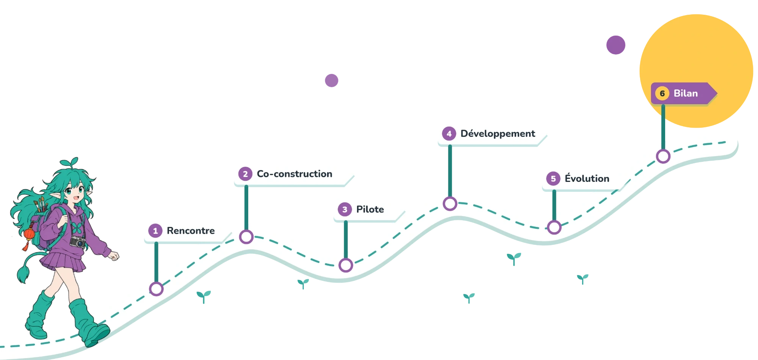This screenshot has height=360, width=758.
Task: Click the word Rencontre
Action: (191, 230)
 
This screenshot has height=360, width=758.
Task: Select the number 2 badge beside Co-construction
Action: (245, 174)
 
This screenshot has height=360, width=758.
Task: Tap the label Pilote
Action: (370, 209)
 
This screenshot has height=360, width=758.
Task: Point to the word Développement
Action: (498, 133)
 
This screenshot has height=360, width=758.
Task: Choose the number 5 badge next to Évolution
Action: (553, 178)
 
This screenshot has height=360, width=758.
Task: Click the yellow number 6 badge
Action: (662, 93)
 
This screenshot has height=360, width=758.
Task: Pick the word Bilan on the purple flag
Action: (686, 93)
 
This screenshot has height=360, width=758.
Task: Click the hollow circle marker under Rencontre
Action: (156, 289)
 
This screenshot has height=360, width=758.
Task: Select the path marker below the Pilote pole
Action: (346, 265)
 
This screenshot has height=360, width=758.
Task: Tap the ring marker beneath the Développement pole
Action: (450, 203)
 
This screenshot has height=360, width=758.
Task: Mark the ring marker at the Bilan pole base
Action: (663, 156)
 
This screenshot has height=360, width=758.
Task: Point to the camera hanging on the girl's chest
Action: (78, 241)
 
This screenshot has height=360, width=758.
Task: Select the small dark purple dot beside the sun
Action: (615, 45)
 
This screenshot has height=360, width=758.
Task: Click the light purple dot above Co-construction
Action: (332, 80)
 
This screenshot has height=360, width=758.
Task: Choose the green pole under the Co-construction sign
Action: (246, 208)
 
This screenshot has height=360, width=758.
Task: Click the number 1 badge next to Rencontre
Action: (155, 230)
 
